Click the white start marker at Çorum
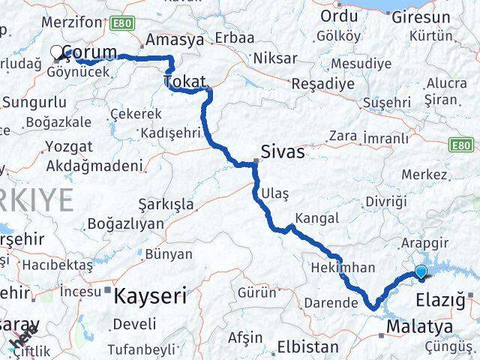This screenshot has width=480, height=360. [x=57, y=52]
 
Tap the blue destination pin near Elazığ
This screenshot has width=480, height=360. [x=421, y=272]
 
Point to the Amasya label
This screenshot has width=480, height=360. [x=176, y=40]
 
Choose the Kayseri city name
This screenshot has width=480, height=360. [x=150, y=295]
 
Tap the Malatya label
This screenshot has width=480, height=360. [x=419, y=327]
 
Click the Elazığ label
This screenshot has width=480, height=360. [x=440, y=301]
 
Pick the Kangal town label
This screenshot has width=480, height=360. [x=317, y=218]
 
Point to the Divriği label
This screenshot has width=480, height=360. [x=386, y=202]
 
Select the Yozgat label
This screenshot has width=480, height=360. [x=69, y=145]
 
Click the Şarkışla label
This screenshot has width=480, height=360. [x=166, y=204]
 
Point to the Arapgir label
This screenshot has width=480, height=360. [x=424, y=243]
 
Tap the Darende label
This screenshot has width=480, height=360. [x=331, y=303]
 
